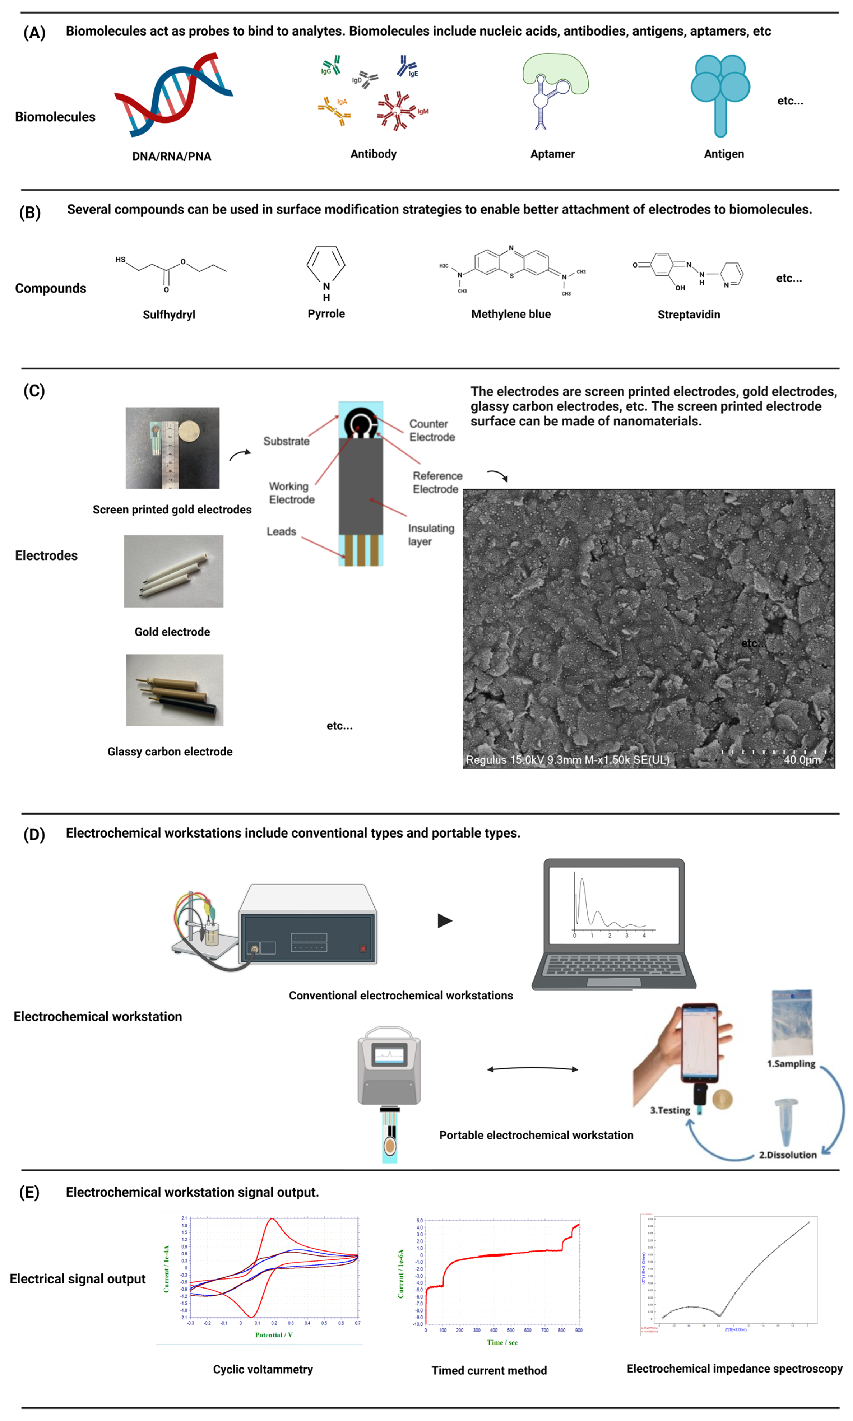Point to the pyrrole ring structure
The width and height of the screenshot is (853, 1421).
point(326,265)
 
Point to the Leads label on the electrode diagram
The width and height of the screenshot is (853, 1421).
point(281,532)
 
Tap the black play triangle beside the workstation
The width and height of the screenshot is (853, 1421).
point(444,921)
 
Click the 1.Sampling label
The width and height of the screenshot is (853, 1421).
point(791,1064)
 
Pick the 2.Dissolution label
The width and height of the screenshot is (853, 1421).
point(787,1155)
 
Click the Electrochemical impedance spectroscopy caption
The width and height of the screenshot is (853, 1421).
point(734,1369)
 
